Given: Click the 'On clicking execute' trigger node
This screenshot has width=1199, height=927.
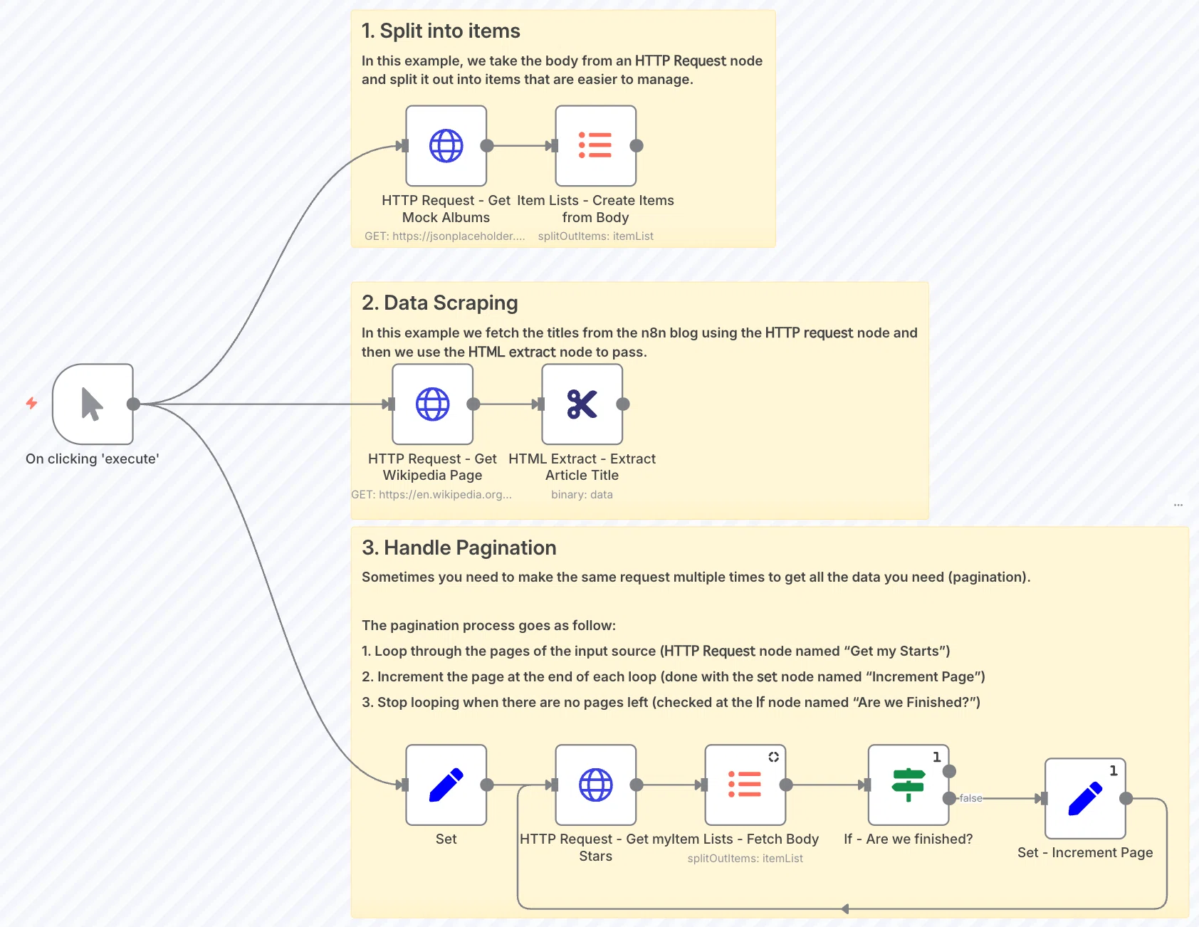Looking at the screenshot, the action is pyautogui.click(x=93, y=404).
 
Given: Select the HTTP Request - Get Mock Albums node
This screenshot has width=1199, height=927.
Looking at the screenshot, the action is pyautogui.click(x=446, y=146).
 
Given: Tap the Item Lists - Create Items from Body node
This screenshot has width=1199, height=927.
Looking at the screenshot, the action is pyautogui.click(x=596, y=146).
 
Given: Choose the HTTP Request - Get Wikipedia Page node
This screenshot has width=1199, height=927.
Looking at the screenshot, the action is pyautogui.click(x=433, y=404).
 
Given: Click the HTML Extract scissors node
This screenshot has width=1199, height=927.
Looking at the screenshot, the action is pyautogui.click(x=582, y=404).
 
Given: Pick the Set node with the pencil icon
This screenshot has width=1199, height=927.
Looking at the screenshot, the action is pyautogui.click(x=446, y=785).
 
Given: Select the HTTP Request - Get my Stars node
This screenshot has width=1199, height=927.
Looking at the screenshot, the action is pyautogui.click(x=596, y=785).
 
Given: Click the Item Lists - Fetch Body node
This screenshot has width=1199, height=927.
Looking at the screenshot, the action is pyautogui.click(x=745, y=785).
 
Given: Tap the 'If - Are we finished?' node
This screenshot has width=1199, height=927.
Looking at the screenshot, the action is pyautogui.click(x=909, y=785).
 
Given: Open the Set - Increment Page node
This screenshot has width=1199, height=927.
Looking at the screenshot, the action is pyautogui.click(x=1085, y=798).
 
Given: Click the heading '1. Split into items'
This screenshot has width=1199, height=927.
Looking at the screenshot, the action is pyautogui.click(x=441, y=31).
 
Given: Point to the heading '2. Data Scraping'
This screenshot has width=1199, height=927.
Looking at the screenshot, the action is pyautogui.click(x=440, y=303).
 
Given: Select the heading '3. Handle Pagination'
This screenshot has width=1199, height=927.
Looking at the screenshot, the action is pyautogui.click(x=459, y=548).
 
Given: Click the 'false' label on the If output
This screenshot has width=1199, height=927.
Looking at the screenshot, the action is pyautogui.click(x=970, y=798).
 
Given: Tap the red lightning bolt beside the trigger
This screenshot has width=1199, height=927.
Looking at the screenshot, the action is pyautogui.click(x=31, y=403).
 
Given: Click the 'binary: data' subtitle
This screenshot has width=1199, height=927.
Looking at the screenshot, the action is pyautogui.click(x=582, y=494).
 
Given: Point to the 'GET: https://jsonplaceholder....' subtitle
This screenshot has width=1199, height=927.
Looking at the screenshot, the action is pyautogui.click(x=445, y=236).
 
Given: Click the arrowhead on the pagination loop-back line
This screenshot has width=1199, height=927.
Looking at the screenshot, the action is pyautogui.click(x=845, y=908).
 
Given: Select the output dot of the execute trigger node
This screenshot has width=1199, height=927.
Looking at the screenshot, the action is pyautogui.click(x=133, y=404).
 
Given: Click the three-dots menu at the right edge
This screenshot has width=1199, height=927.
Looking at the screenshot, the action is pyautogui.click(x=1178, y=505).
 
